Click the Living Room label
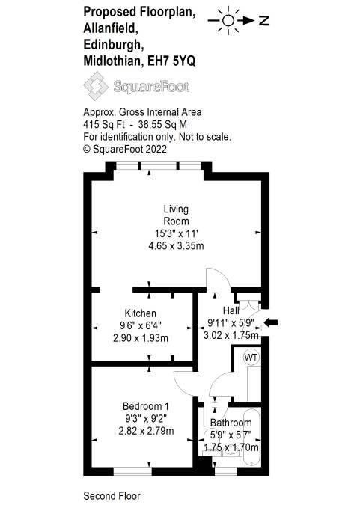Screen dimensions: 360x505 176,215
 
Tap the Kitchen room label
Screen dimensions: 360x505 140,313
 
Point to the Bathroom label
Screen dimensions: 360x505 231,423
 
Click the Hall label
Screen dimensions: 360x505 231,310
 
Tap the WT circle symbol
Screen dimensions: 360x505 251,357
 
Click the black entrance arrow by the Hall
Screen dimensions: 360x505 271,322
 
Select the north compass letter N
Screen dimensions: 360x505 264,21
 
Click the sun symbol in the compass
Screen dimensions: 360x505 228,21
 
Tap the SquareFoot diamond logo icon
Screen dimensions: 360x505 96,86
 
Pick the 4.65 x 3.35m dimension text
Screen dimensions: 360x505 176,246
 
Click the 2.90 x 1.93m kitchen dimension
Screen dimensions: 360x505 141,338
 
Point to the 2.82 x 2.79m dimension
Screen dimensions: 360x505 146,431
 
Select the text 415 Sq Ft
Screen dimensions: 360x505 104,125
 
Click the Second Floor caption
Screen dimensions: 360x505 112,496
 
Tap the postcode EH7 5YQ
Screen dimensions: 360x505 171,61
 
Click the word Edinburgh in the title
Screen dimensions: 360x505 114,44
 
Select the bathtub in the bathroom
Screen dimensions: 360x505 251,438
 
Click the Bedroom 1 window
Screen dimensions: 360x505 132,471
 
